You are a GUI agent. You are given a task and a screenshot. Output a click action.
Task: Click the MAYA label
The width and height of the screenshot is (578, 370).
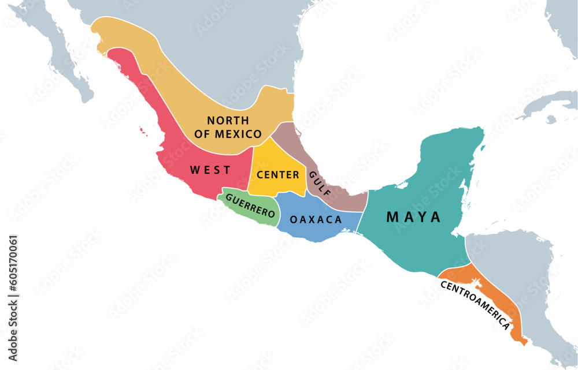click(x=413, y=217)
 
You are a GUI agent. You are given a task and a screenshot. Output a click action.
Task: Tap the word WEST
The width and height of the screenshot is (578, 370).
click(x=210, y=170)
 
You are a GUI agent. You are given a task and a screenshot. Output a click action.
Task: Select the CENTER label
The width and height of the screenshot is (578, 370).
click(x=278, y=174)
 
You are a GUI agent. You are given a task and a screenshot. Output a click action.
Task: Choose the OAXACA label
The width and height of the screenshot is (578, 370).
click(x=316, y=219)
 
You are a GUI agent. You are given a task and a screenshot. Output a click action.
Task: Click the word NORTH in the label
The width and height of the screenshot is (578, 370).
click(x=228, y=121)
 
